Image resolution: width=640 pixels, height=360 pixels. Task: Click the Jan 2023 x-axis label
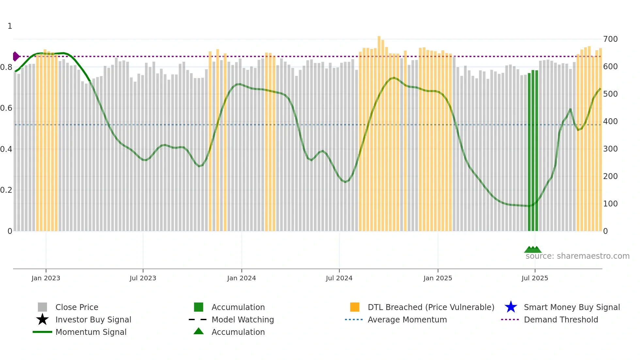coord(46,278)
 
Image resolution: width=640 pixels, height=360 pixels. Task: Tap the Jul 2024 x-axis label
coord(339,278)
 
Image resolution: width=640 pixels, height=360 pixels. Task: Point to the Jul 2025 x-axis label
coord(535,278)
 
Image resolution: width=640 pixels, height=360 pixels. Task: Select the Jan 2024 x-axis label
coord(241,278)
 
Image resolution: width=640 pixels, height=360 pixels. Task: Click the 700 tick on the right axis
coord(610,39)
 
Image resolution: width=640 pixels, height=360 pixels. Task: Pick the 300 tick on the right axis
coord(610,149)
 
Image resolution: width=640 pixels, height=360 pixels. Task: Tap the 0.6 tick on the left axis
coord(6,108)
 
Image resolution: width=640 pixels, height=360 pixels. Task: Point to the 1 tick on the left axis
coord(10,26)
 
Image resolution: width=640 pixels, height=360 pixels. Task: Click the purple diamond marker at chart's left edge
coord(16,57)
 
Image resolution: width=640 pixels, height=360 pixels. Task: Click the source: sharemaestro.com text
coord(577,256)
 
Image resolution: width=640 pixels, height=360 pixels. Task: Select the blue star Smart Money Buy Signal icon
coord(511,307)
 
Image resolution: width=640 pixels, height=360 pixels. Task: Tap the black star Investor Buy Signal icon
coord(42,319)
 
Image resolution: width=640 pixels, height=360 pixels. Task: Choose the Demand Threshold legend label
coord(561,319)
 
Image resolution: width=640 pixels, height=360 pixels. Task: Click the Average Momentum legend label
coord(407,319)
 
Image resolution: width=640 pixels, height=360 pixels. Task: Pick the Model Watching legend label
coord(243,319)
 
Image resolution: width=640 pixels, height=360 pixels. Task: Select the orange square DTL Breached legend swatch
coord(355,307)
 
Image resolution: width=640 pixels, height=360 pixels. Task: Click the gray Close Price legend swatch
coord(42,307)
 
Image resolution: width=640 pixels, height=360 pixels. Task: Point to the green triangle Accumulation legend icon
coord(199,332)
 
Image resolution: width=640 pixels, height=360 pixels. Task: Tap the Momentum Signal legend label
coord(91,332)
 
